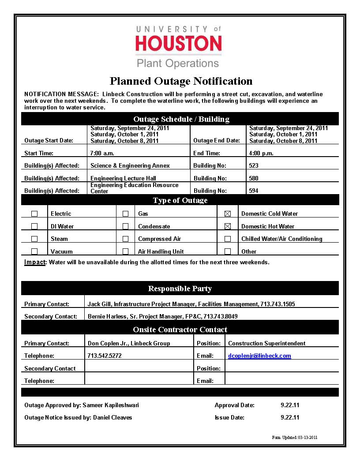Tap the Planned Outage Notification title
coord(181,81)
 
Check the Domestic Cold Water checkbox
coord(228,214)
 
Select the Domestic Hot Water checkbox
coord(228,226)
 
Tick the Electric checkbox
coord(34,214)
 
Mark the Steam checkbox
coord(34,239)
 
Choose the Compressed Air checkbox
coord(126,239)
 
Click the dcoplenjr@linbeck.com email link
coord(259,356)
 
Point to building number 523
coord(254,166)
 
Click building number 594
coord(254,191)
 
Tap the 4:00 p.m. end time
coord(261,154)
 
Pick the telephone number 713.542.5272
coord(105,356)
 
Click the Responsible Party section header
coord(180,289)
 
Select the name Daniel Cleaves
coord(112,417)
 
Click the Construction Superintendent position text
coord(266,344)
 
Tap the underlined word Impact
coord(35,262)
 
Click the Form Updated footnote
coord(295,438)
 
